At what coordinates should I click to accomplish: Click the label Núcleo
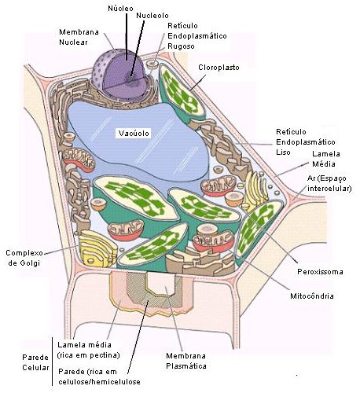[120, 9]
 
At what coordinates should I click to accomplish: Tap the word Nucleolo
[152, 16]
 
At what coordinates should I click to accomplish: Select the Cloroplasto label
[219, 68]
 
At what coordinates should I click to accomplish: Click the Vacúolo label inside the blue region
[134, 133]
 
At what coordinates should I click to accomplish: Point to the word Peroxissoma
[320, 272]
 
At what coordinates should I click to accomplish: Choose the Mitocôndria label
[312, 296]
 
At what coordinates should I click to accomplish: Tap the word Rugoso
[181, 46]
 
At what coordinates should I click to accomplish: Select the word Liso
[283, 152]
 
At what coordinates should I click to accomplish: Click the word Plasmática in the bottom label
[186, 366]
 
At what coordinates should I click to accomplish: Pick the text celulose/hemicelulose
[99, 382]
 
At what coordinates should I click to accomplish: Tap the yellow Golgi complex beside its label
[97, 248]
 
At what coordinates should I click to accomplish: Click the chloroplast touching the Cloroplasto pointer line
[182, 94]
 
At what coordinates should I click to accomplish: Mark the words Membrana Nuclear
[79, 37]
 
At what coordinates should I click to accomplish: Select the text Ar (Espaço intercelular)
[329, 183]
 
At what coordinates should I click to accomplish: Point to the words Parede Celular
[35, 362]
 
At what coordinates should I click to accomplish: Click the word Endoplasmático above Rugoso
[197, 36]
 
